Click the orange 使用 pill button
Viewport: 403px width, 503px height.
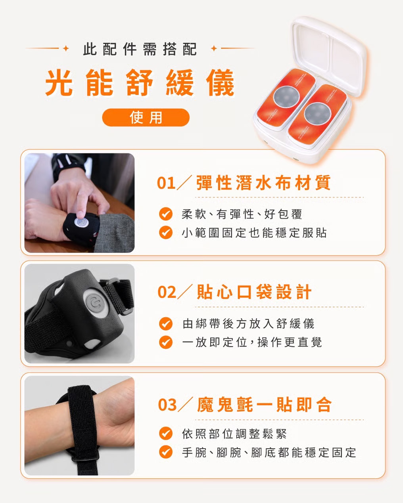click(x=146, y=117)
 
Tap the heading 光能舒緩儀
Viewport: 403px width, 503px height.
click(x=140, y=83)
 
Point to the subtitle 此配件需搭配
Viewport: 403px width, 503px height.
click(x=140, y=49)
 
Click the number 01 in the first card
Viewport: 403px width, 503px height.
click(x=166, y=183)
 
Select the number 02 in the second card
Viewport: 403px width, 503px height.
click(x=167, y=292)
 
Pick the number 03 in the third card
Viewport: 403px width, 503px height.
click(x=167, y=405)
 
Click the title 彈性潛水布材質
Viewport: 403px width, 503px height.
click(x=263, y=183)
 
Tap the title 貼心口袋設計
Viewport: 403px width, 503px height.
click(x=254, y=292)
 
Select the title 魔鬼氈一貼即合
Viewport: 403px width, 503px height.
click(x=264, y=404)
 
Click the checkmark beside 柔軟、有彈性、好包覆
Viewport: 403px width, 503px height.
click(x=165, y=214)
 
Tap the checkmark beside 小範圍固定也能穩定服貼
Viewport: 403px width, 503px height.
click(x=165, y=232)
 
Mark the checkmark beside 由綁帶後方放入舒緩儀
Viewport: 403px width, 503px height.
click(x=165, y=323)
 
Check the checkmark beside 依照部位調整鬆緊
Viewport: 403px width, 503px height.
click(x=165, y=434)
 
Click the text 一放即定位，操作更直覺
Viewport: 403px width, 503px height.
click(x=252, y=342)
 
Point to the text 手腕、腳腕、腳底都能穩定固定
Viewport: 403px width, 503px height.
click(x=269, y=453)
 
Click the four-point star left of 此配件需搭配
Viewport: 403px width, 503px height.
click(x=66, y=48)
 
